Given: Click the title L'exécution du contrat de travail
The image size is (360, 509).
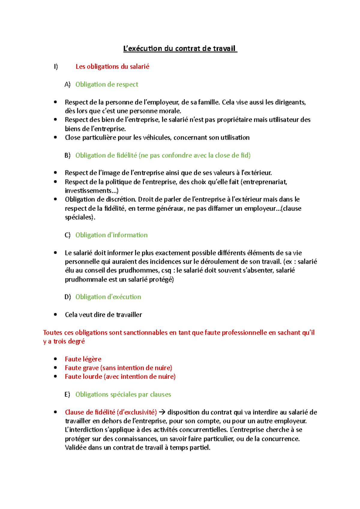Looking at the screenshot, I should pyautogui.click(x=180, y=49).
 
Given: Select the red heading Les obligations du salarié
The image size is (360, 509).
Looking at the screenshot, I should pyautogui.click(x=112, y=67).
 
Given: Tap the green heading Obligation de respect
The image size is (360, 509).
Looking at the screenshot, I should pyautogui.click(x=106, y=85).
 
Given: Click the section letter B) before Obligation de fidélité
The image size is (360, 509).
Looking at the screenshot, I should pyautogui.click(x=67, y=155).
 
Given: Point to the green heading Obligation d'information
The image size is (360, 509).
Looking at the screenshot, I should pyautogui.click(x=111, y=235).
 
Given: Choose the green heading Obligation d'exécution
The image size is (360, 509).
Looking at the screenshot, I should pyautogui.click(x=108, y=297).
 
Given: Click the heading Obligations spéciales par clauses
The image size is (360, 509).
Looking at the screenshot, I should pyautogui.click(x=123, y=394).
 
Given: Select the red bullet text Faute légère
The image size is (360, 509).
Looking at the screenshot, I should pyautogui.click(x=83, y=359).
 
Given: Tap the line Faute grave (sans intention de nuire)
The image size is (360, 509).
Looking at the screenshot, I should pyautogui.click(x=118, y=368).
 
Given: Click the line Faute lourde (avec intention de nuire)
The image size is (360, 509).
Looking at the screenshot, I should pyautogui.click(x=120, y=377).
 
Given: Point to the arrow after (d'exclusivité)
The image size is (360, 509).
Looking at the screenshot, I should pyautogui.click(x=162, y=412).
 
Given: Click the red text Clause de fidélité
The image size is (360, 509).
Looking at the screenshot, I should pyautogui.click(x=90, y=412).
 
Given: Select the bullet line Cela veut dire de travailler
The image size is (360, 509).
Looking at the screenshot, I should pyautogui.click(x=103, y=315).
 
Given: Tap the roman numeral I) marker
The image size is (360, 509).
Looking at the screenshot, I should pyautogui.click(x=56, y=67).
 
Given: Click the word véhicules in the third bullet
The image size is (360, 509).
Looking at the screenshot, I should pyautogui.click(x=157, y=138).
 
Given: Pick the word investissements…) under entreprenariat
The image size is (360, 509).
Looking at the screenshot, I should pyautogui.click(x=91, y=191).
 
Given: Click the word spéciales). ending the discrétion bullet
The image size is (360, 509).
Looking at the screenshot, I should pyautogui.click(x=80, y=217).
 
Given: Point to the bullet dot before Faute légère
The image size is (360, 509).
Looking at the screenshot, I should pyautogui.click(x=55, y=359).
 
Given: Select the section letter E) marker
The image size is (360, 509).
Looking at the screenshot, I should pyautogui.click(x=67, y=394).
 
